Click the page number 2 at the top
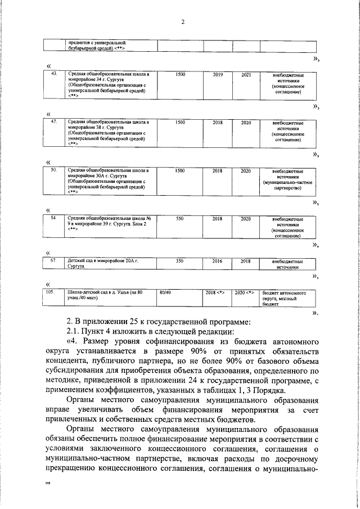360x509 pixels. pos(183,22)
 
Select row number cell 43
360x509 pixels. pos(54,74)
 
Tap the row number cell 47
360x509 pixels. pos(54,121)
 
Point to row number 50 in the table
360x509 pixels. pos(54,170)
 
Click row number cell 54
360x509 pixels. pos(54,218)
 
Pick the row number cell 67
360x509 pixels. pos(54,262)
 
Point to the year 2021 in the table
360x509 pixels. pos(246,74)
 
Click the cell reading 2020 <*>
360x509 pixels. pos(246,293)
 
